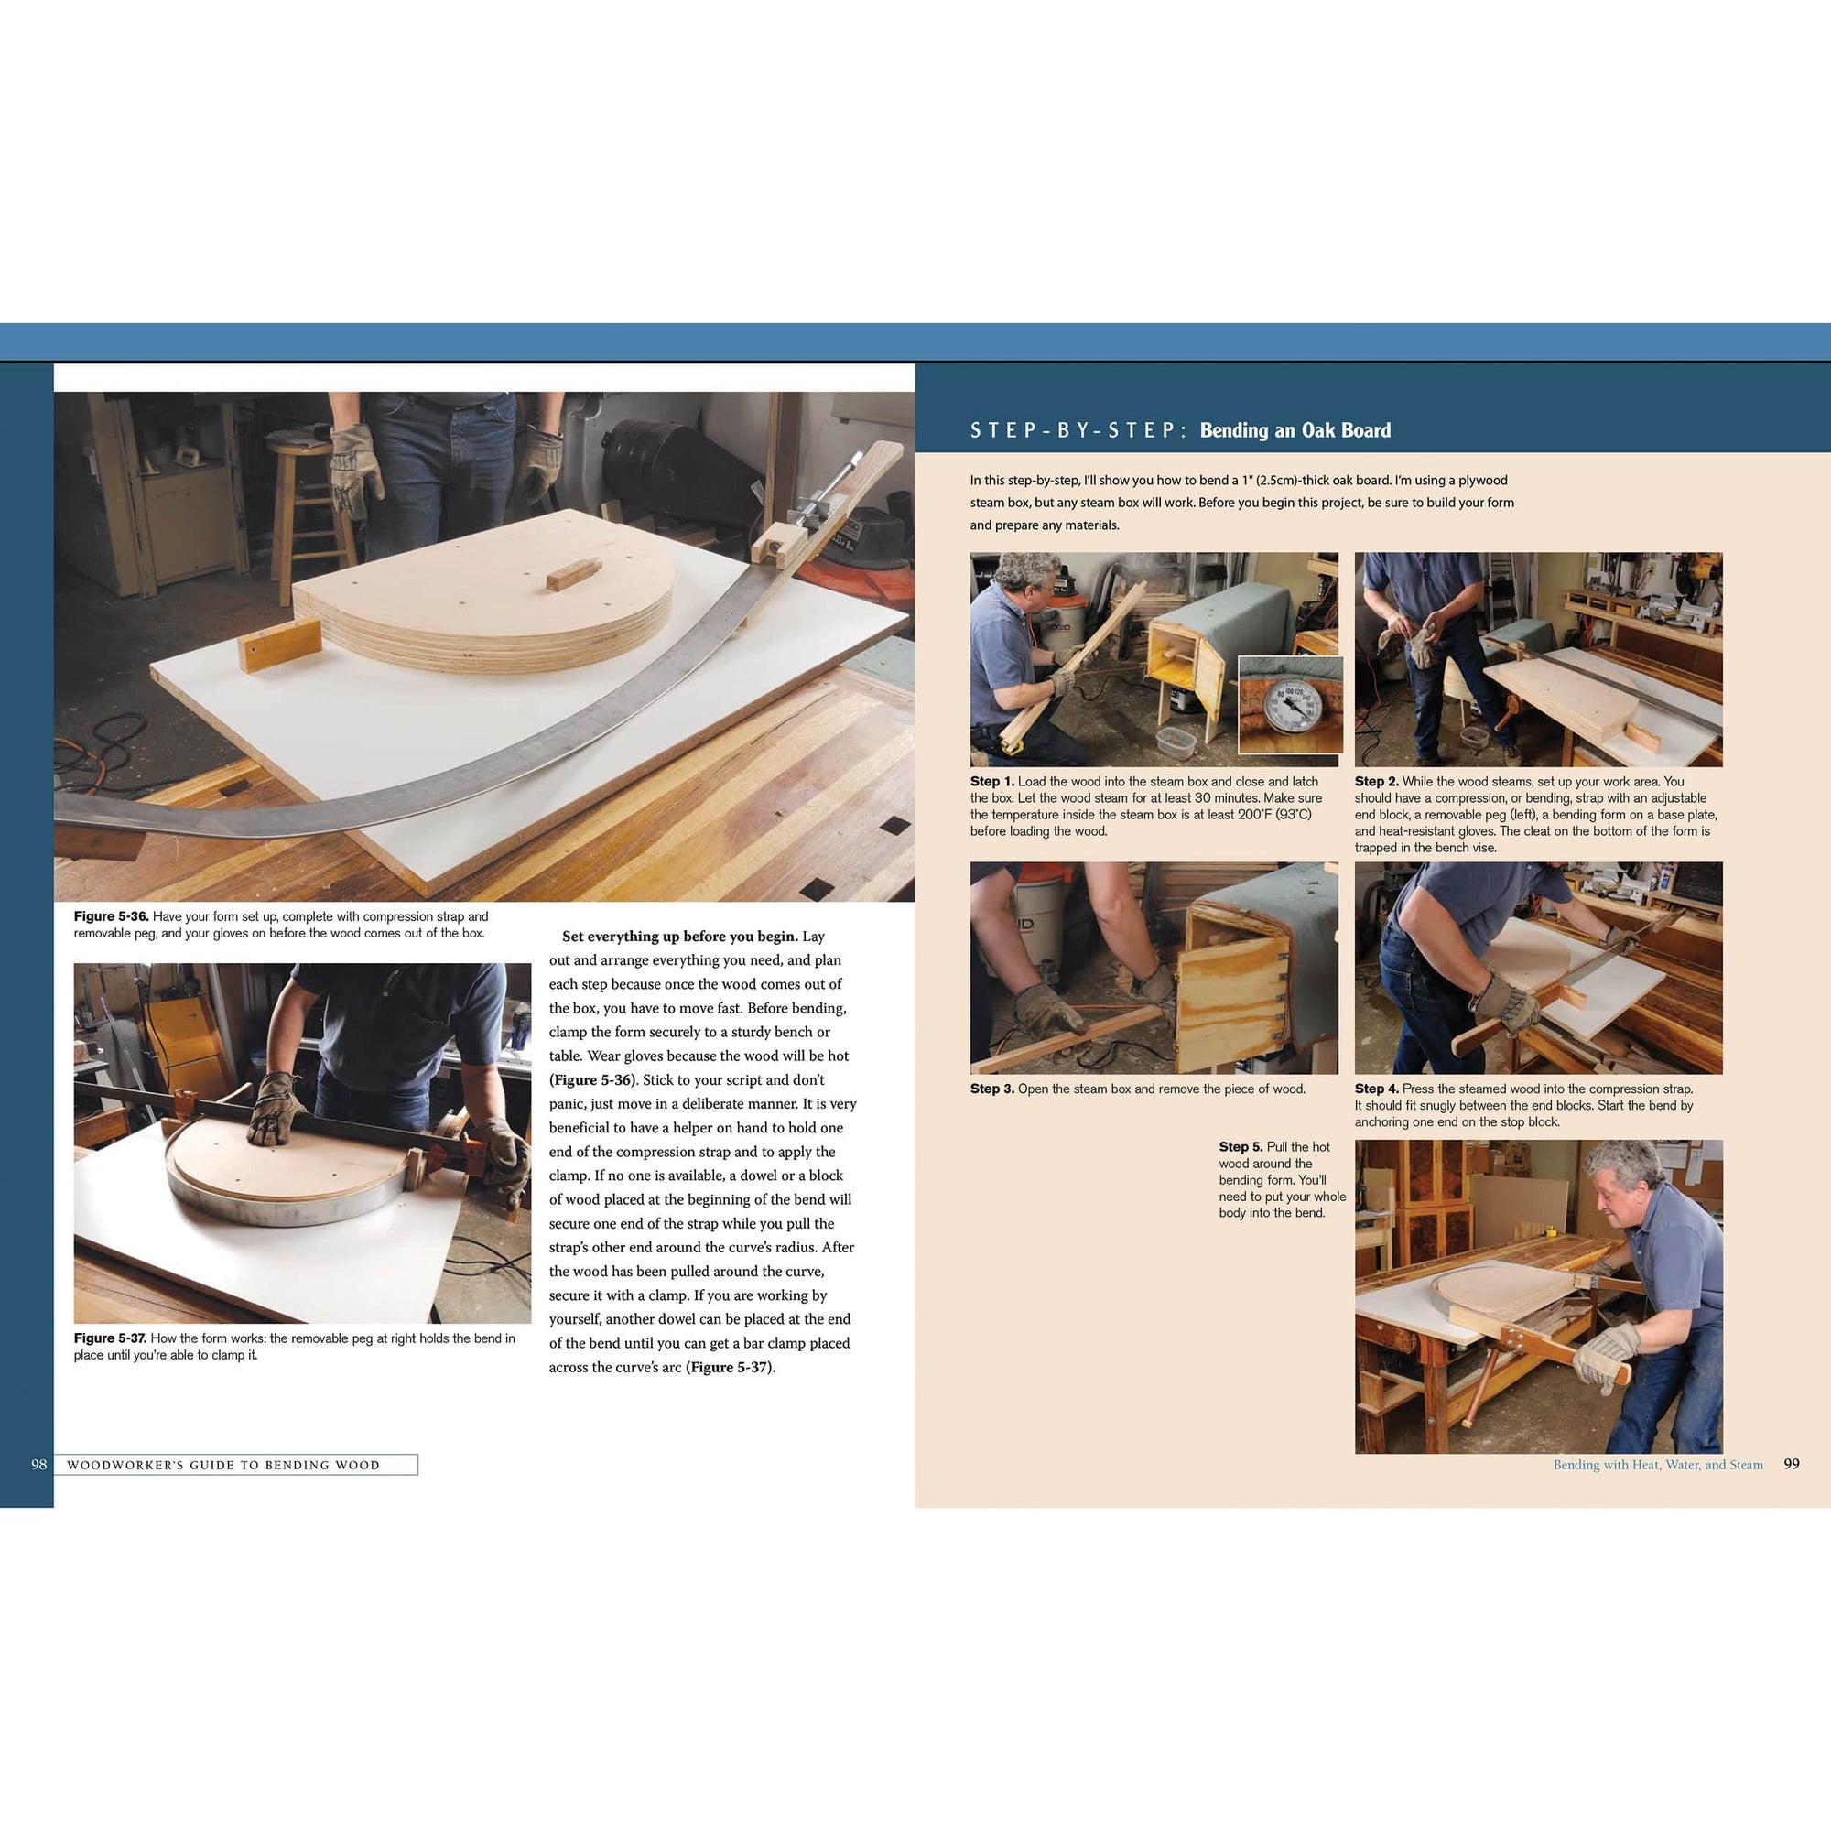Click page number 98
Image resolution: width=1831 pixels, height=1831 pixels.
(38, 1464)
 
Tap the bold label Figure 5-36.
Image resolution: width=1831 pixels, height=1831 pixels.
(111, 916)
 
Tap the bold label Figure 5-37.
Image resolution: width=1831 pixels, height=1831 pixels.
(110, 1338)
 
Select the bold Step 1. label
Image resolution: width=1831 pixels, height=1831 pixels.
(991, 781)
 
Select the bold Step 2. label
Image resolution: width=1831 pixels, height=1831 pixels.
(1376, 781)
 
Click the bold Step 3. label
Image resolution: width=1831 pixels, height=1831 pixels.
(991, 1089)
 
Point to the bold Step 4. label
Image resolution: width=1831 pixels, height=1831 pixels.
(1376, 1089)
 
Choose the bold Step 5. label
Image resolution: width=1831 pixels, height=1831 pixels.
(1241, 1147)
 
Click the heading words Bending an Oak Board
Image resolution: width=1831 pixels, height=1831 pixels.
(1295, 430)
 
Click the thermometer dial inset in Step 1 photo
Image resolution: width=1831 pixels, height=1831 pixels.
(1290, 705)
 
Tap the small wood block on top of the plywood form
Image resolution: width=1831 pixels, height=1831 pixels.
(573, 574)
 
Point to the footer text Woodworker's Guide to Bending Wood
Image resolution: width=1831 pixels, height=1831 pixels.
(222, 1465)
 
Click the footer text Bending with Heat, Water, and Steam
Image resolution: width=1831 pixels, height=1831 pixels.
(1658, 1464)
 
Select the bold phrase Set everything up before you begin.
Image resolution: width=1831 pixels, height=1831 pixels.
(679, 937)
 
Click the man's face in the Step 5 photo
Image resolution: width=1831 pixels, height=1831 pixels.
(1619, 1199)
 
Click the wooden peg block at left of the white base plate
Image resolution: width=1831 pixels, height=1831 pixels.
(280, 644)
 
